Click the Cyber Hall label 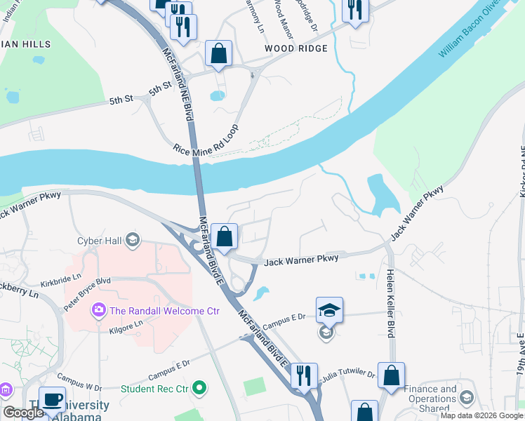click(99, 241)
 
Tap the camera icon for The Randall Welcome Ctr click(98, 310)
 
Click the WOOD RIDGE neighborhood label click(295, 48)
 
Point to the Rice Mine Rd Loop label click(206, 139)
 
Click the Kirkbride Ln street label click(61, 283)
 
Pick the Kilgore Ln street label click(126, 324)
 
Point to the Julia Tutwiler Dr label click(348, 376)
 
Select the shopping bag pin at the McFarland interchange click(225, 236)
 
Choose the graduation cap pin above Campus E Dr click(328, 309)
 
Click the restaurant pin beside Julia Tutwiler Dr click(304, 375)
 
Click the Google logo click(24, 413)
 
